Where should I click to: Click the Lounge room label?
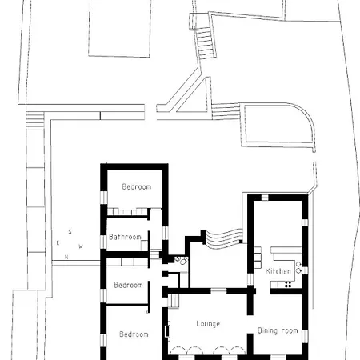point(208,324)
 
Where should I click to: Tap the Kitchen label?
point(278,271)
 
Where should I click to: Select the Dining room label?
point(278,330)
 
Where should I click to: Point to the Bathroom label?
point(125,237)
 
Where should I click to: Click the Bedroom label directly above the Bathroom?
point(137,186)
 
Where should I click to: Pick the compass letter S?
point(70,232)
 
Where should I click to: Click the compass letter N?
point(66,257)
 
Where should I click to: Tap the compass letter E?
point(58,242)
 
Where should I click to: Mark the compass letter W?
point(81,246)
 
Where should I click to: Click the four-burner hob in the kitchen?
point(288,284)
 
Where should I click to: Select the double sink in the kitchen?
point(298,267)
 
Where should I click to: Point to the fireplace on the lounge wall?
point(167,331)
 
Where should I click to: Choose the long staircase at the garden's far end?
point(206,43)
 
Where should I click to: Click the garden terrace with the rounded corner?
point(278,125)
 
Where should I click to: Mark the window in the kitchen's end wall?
point(265,198)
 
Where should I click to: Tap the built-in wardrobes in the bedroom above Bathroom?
point(127,212)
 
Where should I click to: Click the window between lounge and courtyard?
point(218,290)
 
